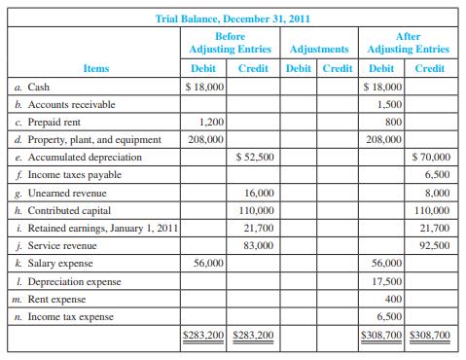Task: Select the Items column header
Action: [x=95, y=68]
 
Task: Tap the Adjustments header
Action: [x=319, y=48]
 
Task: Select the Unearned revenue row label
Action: [x=66, y=193]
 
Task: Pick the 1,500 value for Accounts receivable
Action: [x=389, y=104]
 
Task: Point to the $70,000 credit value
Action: [x=431, y=157]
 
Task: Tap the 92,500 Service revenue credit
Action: [x=434, y=245]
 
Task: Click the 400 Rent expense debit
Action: [x=394, y=298]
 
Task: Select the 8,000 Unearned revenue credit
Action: [x=437, y=193]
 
